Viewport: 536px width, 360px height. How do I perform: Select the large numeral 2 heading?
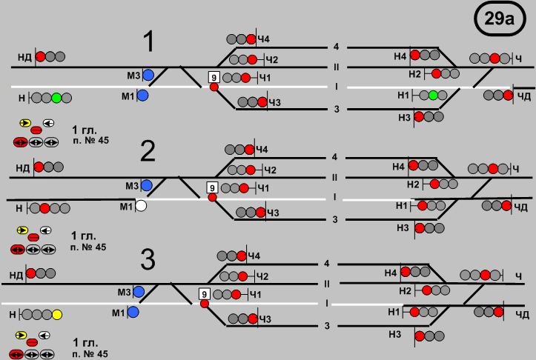pos(148,151)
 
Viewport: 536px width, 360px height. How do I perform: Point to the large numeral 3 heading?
pos(148,260)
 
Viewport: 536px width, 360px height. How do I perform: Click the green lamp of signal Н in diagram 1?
pos(56,97)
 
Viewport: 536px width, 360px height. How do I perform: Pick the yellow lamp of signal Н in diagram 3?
pos(57,315)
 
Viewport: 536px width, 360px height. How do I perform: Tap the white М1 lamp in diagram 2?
pos(141,206)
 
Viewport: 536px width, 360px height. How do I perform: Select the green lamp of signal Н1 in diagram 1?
pos(434,95)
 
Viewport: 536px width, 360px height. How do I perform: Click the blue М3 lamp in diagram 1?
pos(148,75)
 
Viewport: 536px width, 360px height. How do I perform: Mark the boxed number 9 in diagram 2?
pos(212,187)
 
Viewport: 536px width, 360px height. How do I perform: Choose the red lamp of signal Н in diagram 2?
pos(44,208)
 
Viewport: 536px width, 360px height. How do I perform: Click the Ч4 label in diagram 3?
pos(255,256)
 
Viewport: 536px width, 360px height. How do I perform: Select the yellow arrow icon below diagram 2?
pos(23,232)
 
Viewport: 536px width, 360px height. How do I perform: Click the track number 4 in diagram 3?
pos(327,264)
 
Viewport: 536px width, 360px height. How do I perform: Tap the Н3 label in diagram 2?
pos(403,228)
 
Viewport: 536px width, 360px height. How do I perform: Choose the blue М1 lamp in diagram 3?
pos(133,313)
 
